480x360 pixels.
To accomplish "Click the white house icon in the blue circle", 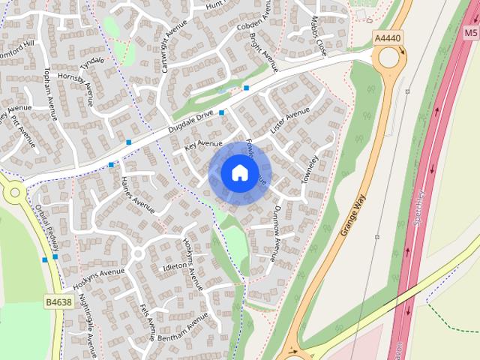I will (x=238, y=173).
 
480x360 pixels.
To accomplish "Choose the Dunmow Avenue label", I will (x=275, y=233).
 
